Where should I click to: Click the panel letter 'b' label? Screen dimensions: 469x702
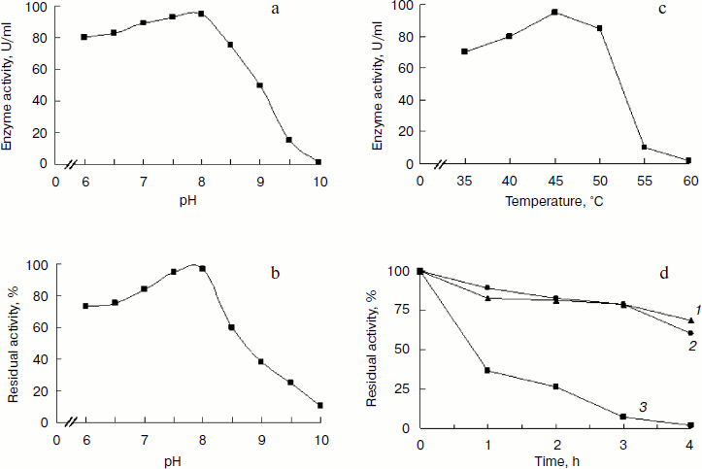pyautogui.click(x=277, y=275)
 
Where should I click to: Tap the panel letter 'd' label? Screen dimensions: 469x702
pyautogui.click(x=663, y=275)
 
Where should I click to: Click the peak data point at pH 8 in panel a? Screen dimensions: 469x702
pyautogui.click(x=201, y=14)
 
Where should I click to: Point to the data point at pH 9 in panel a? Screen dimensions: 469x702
pyautogui.click(x=259, y=85)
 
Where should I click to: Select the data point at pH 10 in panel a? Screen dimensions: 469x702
pyautogui.click(x=318, y=162)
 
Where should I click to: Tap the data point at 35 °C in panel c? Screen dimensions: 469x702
pyautogui.click(x=464, y=51)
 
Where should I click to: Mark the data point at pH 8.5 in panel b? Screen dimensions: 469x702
pyautogui.click(x=231, y=327)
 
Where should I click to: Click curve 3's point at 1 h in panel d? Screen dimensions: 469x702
pyautogui.click(x=486, y=371)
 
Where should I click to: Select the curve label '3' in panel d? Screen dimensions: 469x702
pyautogui.click(x=642, y=404)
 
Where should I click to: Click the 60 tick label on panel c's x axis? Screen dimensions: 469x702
pyautogui.click(x=687, y=181)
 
